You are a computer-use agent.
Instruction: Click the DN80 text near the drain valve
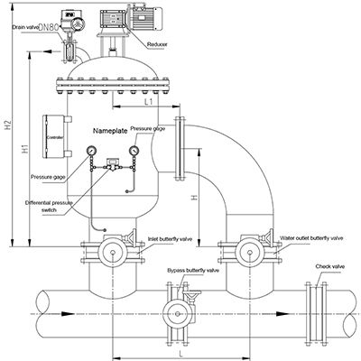pyautogui.click(x=49, y=27)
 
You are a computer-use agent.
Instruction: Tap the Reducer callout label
pyautogui.click(x=157, y=44)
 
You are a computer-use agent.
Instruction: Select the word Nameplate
pyautogui.click(x=110, y=131)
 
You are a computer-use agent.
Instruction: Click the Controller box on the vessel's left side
pyautogui.click(x=53, y=136)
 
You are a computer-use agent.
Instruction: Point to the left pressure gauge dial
pyautogui.click(x=91, y=150)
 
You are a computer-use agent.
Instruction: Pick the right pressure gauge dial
pyautogui.click(x=134, y=150)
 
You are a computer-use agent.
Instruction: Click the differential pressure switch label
pyautogui.click(x=49, y=207)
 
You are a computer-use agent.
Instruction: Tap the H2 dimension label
pyautogui.click(x=8, y=125)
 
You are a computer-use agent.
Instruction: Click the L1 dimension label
pyautogui.click(x=149, y=102)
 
